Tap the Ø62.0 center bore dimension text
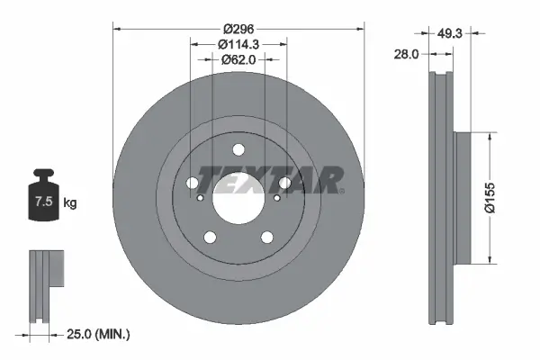click(238, 60)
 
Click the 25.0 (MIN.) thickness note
click(99, 335)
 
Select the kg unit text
click(69, 203)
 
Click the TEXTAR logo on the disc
click(270, 180)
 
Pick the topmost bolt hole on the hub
click(238, 150)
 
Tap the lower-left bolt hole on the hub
click(211, 238)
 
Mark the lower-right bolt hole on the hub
click(267, 238)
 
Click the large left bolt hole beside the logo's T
click(193, 184)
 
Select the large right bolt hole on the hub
click(284, 184)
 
